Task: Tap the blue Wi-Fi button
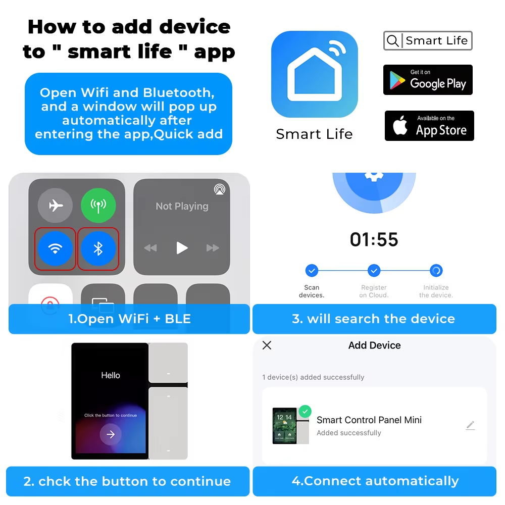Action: (x=55, y=248)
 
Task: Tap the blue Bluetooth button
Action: (x=98, y=248)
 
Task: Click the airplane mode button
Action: (x=55, y=206)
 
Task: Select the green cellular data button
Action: (x=98, y=206)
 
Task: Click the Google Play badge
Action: (x=428, y=80)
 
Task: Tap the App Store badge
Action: (x=429, y=126)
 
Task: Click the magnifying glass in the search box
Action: (x=392, y=41)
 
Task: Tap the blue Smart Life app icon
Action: (x=314, y=74)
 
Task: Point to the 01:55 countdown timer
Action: (x=374, y=239)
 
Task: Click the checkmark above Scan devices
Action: (x=312, y=271)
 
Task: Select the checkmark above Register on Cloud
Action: (x=374, y=271)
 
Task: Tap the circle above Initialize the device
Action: (x=436, y=271)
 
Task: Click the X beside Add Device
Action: (x=267, y=345)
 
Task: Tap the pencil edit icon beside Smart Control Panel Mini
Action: (x=471, y=425)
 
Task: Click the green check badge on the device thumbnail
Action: (x=305, y=411)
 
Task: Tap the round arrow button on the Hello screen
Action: (x=111, y=434)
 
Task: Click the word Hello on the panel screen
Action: (x=111, y=375)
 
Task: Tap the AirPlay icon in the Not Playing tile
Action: (x=220, y=189)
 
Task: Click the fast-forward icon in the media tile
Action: (x=213, y=248)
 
